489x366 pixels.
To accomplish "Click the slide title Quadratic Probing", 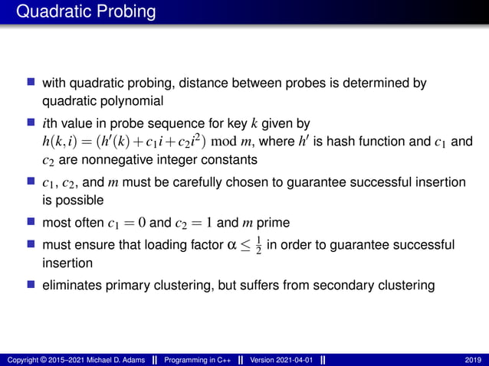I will [85, 12].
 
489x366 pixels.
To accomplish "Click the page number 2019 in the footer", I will [473, 359].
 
